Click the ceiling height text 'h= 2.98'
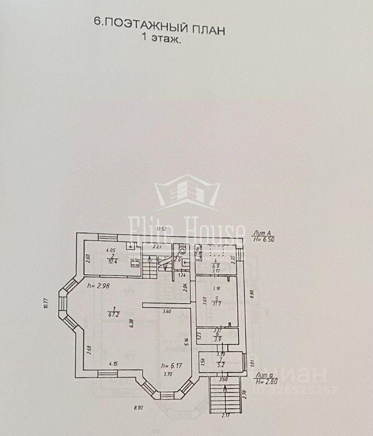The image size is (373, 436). tap(98, 286)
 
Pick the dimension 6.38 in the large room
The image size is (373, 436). tap(131, 323)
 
